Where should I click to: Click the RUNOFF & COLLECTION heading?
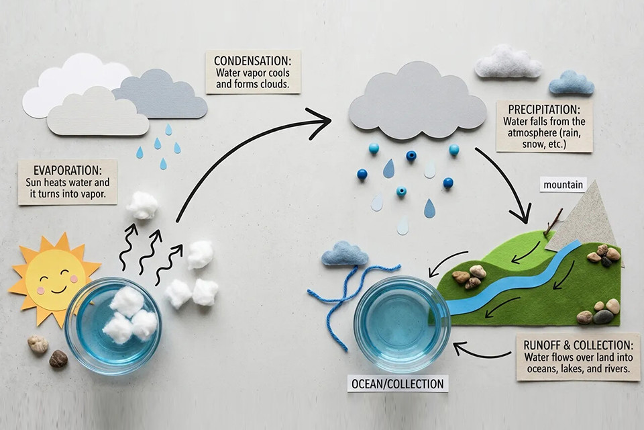pyautogui.click(x=577, y=345)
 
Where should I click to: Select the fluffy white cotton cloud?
pyautogui.click(x=508, y=63)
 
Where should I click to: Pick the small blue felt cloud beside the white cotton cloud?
pyautogui.click(x=572, y=83)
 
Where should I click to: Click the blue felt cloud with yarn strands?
pyautogui.click(x=345, y=255)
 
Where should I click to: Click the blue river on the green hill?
pyautogui.click(x=510, y=282)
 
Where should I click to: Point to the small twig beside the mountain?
pyautogui.click(x=553, y=222)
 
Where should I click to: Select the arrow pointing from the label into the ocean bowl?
pyautogui.click(x=483, y=351)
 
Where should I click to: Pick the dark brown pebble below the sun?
pyautogui.click(x=58, y=359)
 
